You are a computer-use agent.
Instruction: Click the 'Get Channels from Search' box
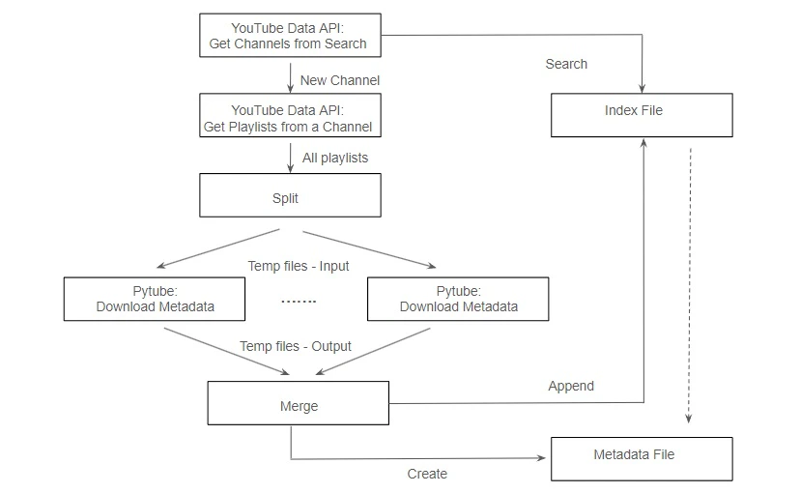tap(289, 36)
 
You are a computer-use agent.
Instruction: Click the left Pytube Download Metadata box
tap(155, 299)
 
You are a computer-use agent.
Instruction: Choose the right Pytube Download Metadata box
tap(458, 299)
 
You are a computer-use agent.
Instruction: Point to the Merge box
tap(298, 405)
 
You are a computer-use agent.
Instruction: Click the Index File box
tap(641, 114)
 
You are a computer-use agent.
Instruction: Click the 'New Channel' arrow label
tap(339, 80)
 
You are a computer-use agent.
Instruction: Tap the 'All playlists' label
tap(334, 157)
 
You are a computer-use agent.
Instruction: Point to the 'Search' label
tap(566, 64)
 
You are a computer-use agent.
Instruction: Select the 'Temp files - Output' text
tap(296, 346)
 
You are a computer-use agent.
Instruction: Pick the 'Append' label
tap(571, 386)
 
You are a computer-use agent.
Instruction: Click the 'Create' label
tap(427, 474)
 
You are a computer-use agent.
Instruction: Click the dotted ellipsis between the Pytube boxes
tap(299, 302)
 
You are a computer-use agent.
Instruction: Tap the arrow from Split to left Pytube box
tap(217, 249)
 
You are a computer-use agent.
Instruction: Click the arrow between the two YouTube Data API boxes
tap(290, 77)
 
